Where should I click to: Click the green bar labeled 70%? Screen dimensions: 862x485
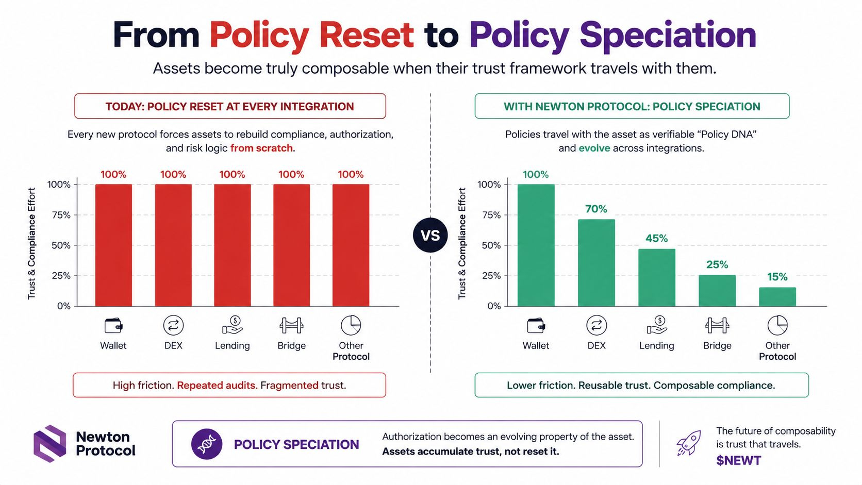(x=596, y=263)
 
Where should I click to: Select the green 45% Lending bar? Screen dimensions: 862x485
(x=656, y=277)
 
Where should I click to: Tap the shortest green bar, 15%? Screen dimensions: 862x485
(x=777, y=296)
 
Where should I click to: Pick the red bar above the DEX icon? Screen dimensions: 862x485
(x=173, y=245)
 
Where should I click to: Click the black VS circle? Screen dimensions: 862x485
(x=430, y=235)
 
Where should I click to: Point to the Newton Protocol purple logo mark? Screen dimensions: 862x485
(x=49, y=443)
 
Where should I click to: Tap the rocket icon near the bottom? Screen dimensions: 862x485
(x=688, y=443)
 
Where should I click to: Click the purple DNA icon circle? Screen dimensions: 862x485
(x=207, y=444)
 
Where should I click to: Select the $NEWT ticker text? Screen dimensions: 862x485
(x=738, y=460)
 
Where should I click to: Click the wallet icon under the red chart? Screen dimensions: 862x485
(x=113, y=325)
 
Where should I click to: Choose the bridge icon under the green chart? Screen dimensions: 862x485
(x=717, y=325)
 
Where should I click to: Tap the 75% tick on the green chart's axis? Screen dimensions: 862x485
(x=491, y=215)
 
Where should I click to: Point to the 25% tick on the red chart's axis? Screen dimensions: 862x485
(x=61, y=276)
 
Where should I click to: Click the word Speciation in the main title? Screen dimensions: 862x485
(x=668, y=36)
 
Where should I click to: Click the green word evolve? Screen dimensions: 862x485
(x=594, y=148)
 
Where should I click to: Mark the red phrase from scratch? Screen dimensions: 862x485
(x=262, y=148)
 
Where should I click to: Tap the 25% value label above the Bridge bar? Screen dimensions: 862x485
(x=717, y=264)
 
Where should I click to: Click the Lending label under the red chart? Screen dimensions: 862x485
(x=233, y=346)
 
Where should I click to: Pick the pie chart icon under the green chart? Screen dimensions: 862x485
(x=777, y=325)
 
